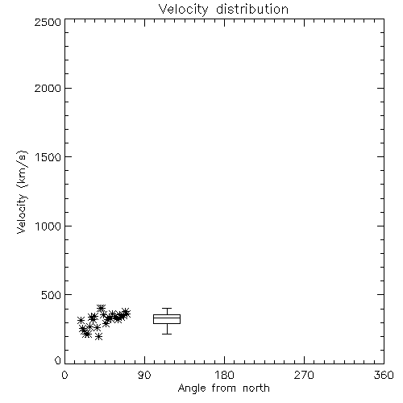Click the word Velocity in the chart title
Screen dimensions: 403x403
pos(183,10)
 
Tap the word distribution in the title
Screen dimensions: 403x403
pos(252,10)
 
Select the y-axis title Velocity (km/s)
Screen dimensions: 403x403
pos(22,192)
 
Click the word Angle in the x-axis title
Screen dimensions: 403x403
pos(192,388)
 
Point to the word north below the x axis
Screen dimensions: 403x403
pos(256,388)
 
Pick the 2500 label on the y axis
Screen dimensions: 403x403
pos(48,22)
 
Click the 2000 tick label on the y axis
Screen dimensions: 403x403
pos(48,88)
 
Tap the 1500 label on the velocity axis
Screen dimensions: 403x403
pos(48,157)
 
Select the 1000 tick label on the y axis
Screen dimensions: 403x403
pos(48,226)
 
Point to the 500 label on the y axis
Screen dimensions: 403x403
pos(52,295)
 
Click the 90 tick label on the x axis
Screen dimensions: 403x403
pos(144,375)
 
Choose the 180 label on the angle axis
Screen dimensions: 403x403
pos(224,375)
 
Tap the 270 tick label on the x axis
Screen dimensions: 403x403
pos(304,375)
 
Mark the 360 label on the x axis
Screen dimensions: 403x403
pos(384,375)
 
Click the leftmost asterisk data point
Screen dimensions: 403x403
pos(81,320)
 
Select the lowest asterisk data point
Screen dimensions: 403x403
pos(99,336)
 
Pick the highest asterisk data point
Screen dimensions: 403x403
pos(101,308)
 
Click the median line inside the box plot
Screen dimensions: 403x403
pos(167,318)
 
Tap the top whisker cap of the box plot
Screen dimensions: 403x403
pos(167,309)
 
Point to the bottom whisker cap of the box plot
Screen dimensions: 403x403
pos(167,334)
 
